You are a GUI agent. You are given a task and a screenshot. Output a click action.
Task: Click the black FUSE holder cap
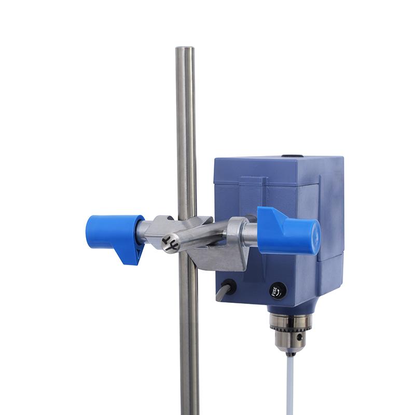click(x=278, y=291)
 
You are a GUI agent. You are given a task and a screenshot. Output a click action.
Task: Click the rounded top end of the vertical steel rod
click(x=185, y=50)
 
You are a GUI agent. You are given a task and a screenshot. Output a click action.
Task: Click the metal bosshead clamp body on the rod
click(x=218, y=254)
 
